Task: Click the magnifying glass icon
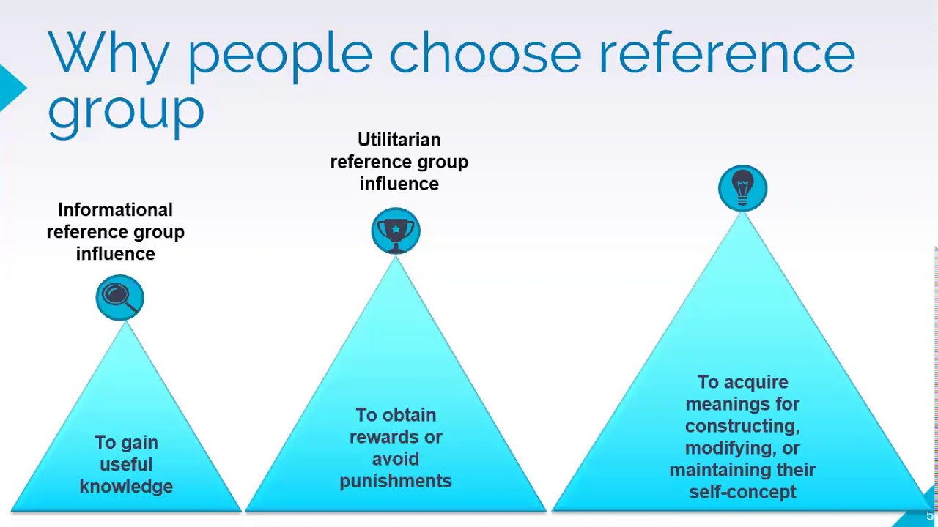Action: pos(119,297)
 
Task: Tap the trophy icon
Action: pos(396,231)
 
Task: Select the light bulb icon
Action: pos(742,188)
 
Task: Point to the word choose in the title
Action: pos(484,53)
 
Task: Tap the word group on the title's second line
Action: pos(125,111)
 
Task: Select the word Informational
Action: pos(115,210)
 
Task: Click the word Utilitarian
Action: pos(399,140)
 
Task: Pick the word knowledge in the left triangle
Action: pos(126,487)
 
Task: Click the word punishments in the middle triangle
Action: pos(395,481)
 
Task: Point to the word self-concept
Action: pos(742,492)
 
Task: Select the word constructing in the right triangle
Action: pos(742,426)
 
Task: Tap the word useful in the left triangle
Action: pos(126,465)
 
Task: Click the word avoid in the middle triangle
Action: pos(395,459)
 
